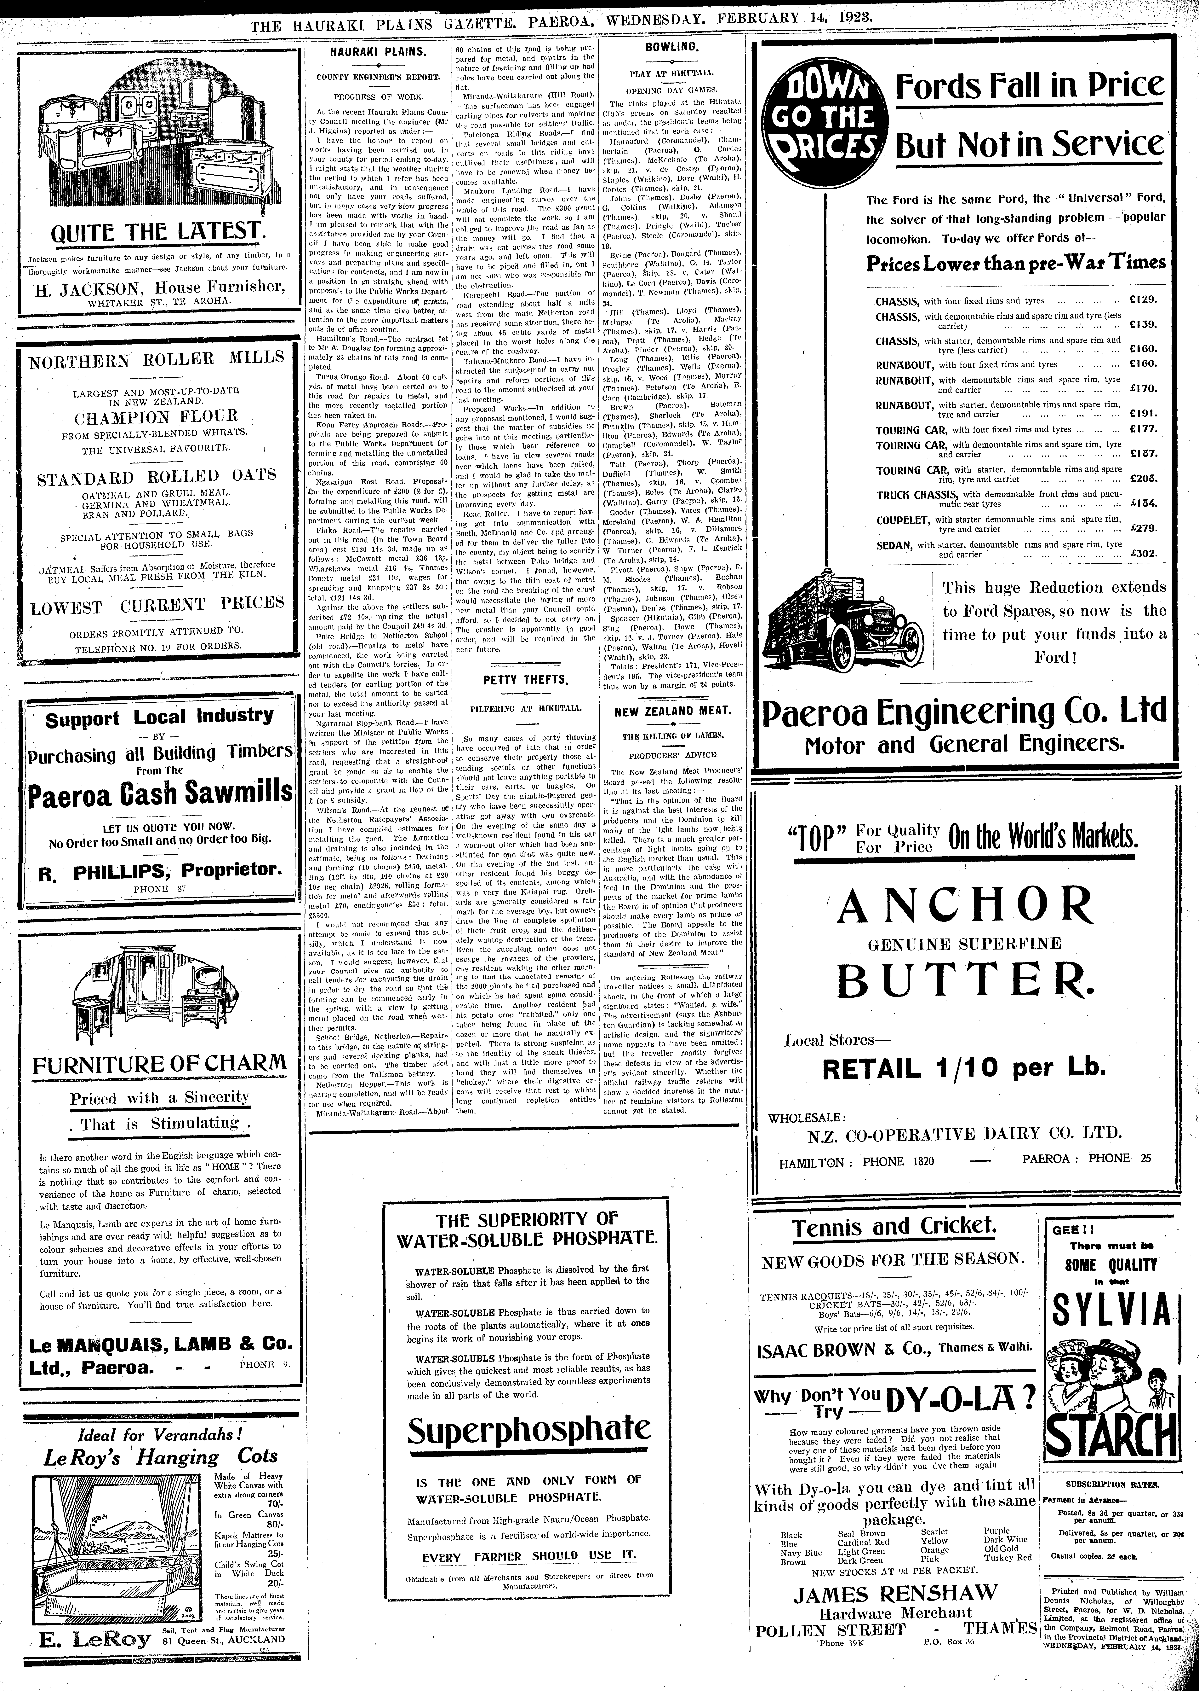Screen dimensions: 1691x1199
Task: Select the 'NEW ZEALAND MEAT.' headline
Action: (672, 711)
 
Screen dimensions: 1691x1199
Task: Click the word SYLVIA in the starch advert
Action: (1111, 1312)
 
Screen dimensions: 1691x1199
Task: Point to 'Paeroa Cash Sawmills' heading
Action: (160, 793)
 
